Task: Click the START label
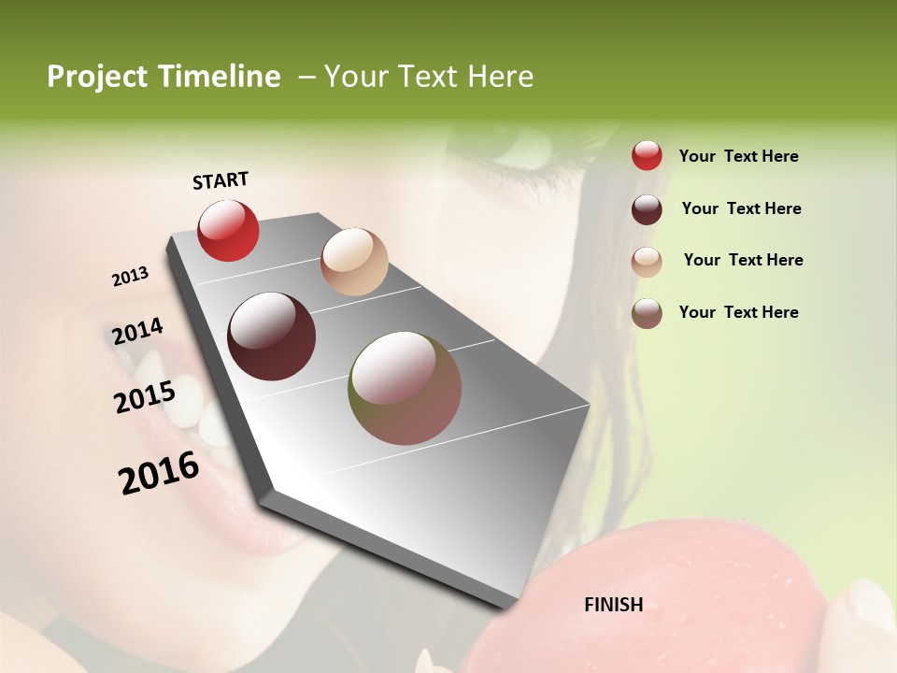pyautogui.click(x=221, y=180)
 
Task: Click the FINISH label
pyautogui.click(x=613, y=605)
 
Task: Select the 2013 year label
pyautogui.click(x=130, y=277)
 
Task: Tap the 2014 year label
pyautogui.click(x=137, y=332)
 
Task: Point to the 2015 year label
pyautogui.click(x=144, y=397)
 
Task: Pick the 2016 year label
pyautogui.click(x=159, y=473)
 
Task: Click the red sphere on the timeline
pyautogui.click(x=228, y=230)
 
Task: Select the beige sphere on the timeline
pyautogui.click(x=354, y=262)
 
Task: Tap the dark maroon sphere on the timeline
pyautogui.click(x=272, y=336)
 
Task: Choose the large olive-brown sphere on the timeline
pyautogui.click(x=405, y=388)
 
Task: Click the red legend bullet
pyautogui.click(x=647, y=156)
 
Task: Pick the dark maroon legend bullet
pyautogui.click(x=647, y=209)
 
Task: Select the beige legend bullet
pyautogui.click(x=647, y=262)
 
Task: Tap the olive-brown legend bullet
pyautogui.click(x=647, y=313)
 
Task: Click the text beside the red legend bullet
pyautogui.click(x=738, y=157)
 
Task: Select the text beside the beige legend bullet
pyautogui.click(x=743, y=260)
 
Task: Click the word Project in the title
pyautogui.click(x=98, y=77)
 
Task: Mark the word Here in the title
pyautogui.click(x=499, y=77)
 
